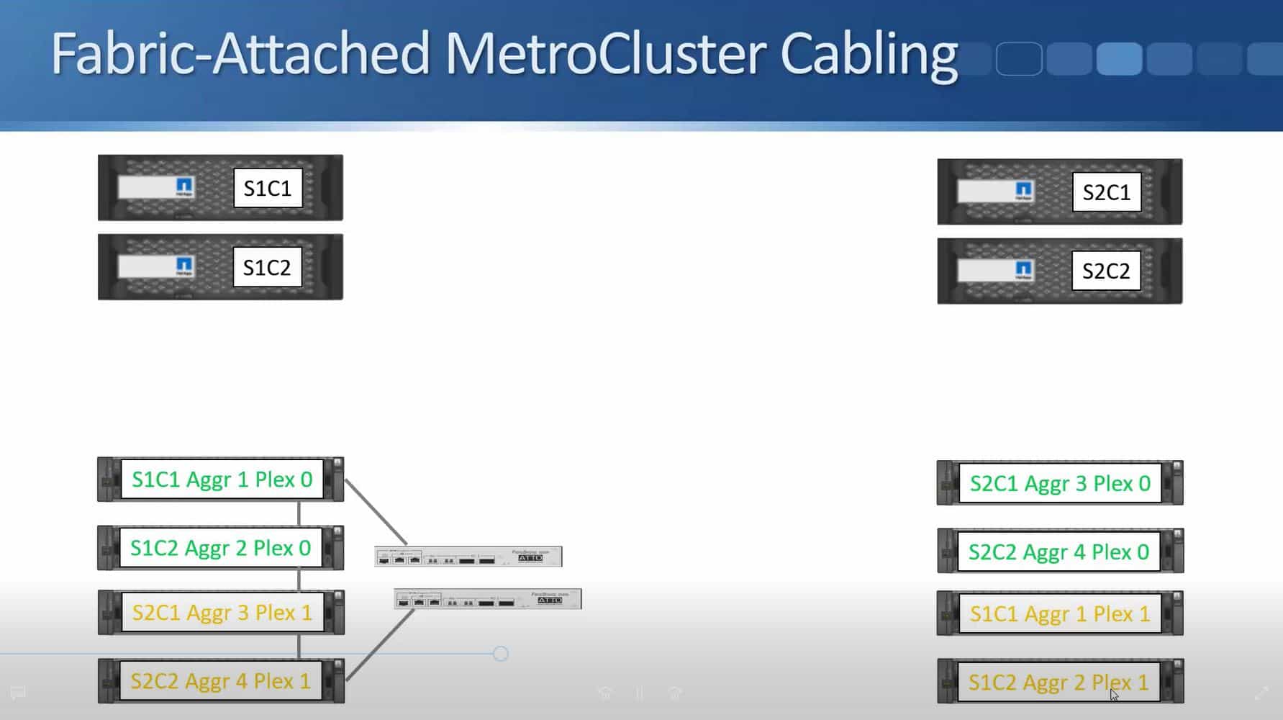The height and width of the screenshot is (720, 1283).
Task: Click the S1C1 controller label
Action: pyautogui.click(x=268, y=189)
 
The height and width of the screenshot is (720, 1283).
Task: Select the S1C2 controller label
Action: pyautogui.click(x=267, y=268)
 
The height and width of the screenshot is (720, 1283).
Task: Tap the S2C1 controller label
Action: pyautogui.click(x=1106, y=192)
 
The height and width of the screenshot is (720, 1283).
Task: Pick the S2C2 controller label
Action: pyautogui.click(x=1106, y=271)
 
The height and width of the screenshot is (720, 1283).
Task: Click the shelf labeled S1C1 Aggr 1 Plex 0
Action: pyautogui.click(x=222, y=480)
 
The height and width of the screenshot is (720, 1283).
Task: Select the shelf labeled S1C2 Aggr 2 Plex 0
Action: pyautogui.click(x=220, y=548)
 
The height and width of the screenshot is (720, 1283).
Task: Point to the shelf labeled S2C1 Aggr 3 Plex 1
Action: pyautogui.click(x=222, y=613)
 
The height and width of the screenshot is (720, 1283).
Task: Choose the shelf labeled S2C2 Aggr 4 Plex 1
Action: pyautogui.click(x=220, y=681)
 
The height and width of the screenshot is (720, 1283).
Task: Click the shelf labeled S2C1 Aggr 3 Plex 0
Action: pyautogui.click(x=1060, y=483)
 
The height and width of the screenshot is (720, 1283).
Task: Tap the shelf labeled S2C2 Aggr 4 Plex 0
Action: pyautogui.click(x=1058, y=552)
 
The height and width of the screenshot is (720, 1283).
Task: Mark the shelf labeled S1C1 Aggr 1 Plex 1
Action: pyautogui.click(x=1060, y=614)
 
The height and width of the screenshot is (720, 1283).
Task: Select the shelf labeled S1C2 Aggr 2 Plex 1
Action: pyautogui.click(x=1058, y=682)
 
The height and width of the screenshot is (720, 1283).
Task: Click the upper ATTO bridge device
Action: pyautogui.click(x=468, y=557)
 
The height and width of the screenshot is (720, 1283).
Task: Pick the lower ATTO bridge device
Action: pyautogui.click(x=488, y=599)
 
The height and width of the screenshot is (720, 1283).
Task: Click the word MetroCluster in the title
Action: pyautogui.click(x=604, y=54)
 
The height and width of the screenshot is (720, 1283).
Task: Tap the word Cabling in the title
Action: pyautogui.click(x=869, y=54)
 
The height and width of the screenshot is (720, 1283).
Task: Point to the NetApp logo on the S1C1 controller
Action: pyautogui.click(x=184, y=187)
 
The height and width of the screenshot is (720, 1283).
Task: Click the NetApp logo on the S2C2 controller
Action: pyautogui.click(x=1023, y=271)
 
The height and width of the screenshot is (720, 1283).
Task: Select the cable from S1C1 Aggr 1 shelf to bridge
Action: pyautogui.click(x=376, y=512)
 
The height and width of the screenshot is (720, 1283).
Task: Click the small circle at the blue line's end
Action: pyautogui.click(x=501, y=654)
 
